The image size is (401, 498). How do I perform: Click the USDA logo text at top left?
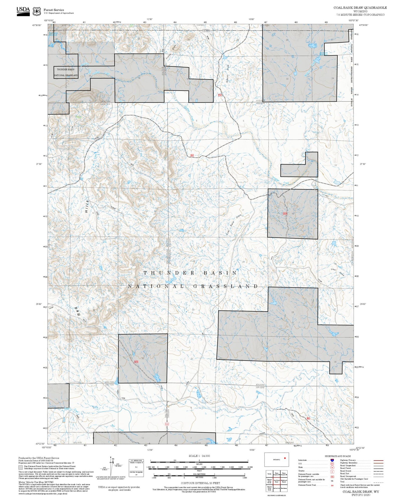coord(23,10)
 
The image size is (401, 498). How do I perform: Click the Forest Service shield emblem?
coord(37,12)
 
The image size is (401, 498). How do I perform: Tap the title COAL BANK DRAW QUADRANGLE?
coord(360,8)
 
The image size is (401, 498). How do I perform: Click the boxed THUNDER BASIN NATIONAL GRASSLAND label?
coord(66,72)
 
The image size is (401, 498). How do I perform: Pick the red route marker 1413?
coord(285,214)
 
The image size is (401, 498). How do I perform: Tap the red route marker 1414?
coord(136,362)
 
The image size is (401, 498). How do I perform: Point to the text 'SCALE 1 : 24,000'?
coord(199,456)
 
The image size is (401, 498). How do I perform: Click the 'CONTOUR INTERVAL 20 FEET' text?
coord(200,483)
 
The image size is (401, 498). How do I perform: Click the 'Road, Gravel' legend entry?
coord(345,471)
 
